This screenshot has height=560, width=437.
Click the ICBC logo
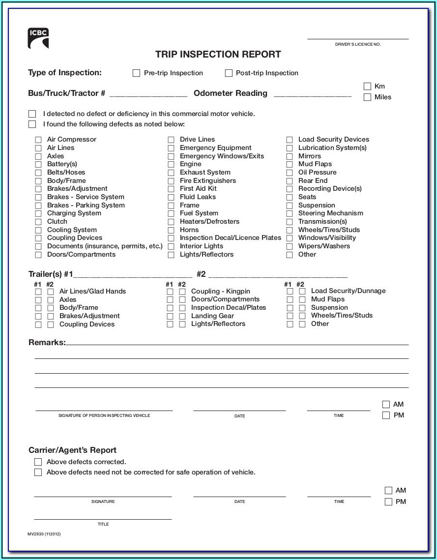coord(38,38)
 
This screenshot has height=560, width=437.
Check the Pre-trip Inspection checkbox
coord(137,73)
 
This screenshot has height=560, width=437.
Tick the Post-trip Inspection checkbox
coord(229,73)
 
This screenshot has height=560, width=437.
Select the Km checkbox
coord(367,87)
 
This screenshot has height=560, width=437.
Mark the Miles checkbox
coord(367,97)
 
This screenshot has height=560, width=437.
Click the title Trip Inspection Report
coord(218,55)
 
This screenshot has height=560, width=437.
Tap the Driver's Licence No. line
coord(358,38)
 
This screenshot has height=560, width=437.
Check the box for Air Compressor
coord(38,140)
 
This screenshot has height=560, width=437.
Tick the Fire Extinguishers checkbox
coord(171,181)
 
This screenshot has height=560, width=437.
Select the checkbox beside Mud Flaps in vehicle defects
coord(290,164)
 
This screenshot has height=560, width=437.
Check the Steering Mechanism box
coord(290,213)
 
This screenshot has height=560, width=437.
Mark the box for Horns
coord(171,230)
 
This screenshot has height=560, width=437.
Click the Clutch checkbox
coord(38,222)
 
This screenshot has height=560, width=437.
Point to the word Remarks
coord(47,342)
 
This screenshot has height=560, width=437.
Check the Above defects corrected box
coord(38,462)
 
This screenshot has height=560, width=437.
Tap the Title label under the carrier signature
coord(103,524)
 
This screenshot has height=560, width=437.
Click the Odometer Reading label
coord(231,93)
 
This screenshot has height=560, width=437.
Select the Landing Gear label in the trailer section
coord(212,316)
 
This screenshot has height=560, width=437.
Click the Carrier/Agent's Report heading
coord(72,450)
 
